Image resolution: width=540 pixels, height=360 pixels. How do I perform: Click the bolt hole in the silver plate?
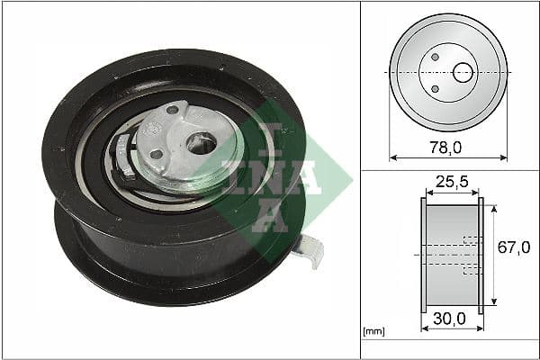(203, 142)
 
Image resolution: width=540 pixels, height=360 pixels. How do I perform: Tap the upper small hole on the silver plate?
(173, 111)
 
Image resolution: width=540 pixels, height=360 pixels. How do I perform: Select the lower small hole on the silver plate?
(156, 154)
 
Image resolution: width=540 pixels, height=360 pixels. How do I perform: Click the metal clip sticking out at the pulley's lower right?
(310, 249)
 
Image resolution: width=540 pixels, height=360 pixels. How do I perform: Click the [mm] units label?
(373, 331)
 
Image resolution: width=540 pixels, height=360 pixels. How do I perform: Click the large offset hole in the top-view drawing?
(463, 72)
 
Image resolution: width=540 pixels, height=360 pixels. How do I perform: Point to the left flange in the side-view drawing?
(422, 256)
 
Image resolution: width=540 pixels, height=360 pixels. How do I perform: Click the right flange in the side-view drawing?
(481, 256)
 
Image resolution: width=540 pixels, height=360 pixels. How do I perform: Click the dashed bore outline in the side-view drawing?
(468, 256)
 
